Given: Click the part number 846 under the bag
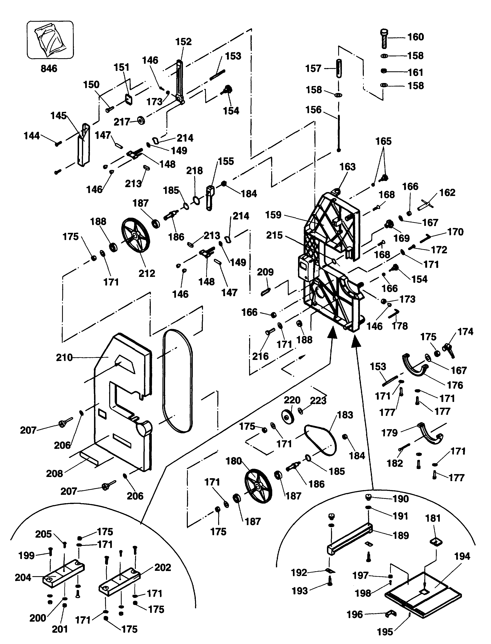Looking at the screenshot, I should (49, 68).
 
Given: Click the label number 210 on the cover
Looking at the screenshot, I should (64, 357).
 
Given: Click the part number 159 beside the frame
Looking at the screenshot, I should (273, 215).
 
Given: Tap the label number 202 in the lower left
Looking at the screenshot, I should (162, 567).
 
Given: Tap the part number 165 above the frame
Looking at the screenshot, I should (383, 141).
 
